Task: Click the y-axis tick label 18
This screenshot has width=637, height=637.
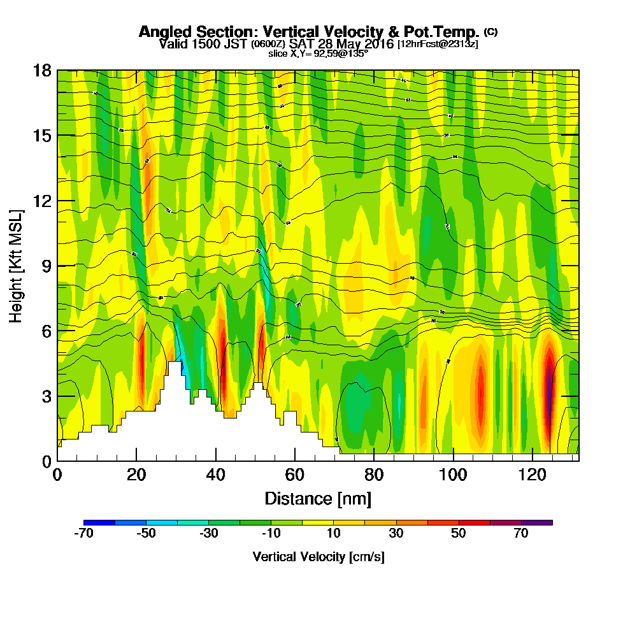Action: pos(42,70)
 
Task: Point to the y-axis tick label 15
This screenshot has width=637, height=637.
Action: pos(42,136)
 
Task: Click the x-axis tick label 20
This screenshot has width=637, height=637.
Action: pos(136,475)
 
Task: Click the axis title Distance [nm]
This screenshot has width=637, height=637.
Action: pos(318,498)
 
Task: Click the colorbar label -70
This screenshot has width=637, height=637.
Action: pos(83,534)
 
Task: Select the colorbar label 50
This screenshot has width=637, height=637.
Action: pos(459,534)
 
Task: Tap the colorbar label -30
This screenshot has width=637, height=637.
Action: pos(209,534)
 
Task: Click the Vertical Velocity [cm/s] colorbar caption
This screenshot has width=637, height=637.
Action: pos(318,557)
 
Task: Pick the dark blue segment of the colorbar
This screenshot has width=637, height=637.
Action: pos(99,522)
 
